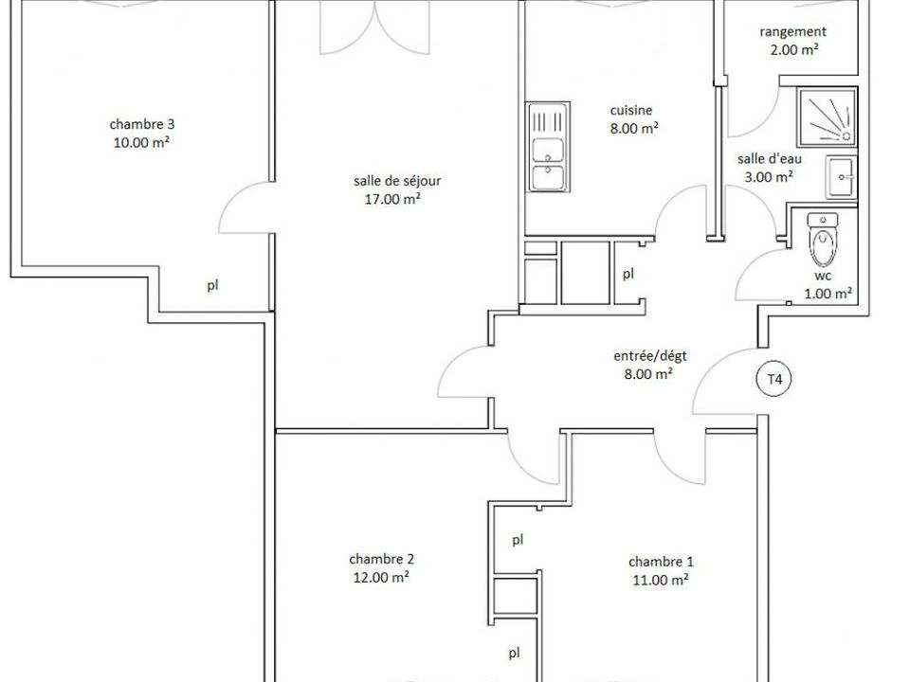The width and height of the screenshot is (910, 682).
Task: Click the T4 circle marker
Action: tap(774, 379)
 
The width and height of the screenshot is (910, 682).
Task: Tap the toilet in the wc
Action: tap(823, 239)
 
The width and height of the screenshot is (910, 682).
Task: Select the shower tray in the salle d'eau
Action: tap(827, 117)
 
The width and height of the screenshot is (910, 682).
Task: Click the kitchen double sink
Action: tap(548, 148)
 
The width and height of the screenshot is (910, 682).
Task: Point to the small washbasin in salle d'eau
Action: tap(841, 177)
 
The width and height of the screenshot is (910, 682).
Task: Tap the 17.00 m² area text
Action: tap(392, 199)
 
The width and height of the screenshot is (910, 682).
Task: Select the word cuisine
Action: tap(631, 110)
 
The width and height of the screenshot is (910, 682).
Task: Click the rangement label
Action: tap(792, 32)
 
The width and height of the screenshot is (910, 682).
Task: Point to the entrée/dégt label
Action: tap(650, 355)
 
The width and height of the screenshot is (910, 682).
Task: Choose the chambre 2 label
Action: tap(381, 560)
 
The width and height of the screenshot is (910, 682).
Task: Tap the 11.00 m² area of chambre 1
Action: tap(661, 580)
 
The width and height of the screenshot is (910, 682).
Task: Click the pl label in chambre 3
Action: tap(213, 285)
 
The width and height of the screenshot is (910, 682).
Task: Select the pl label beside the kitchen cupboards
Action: tap(628, 274)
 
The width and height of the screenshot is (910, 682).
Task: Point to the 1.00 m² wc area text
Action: tap(828, 294)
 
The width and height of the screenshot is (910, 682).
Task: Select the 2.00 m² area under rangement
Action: tap(794, 50)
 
